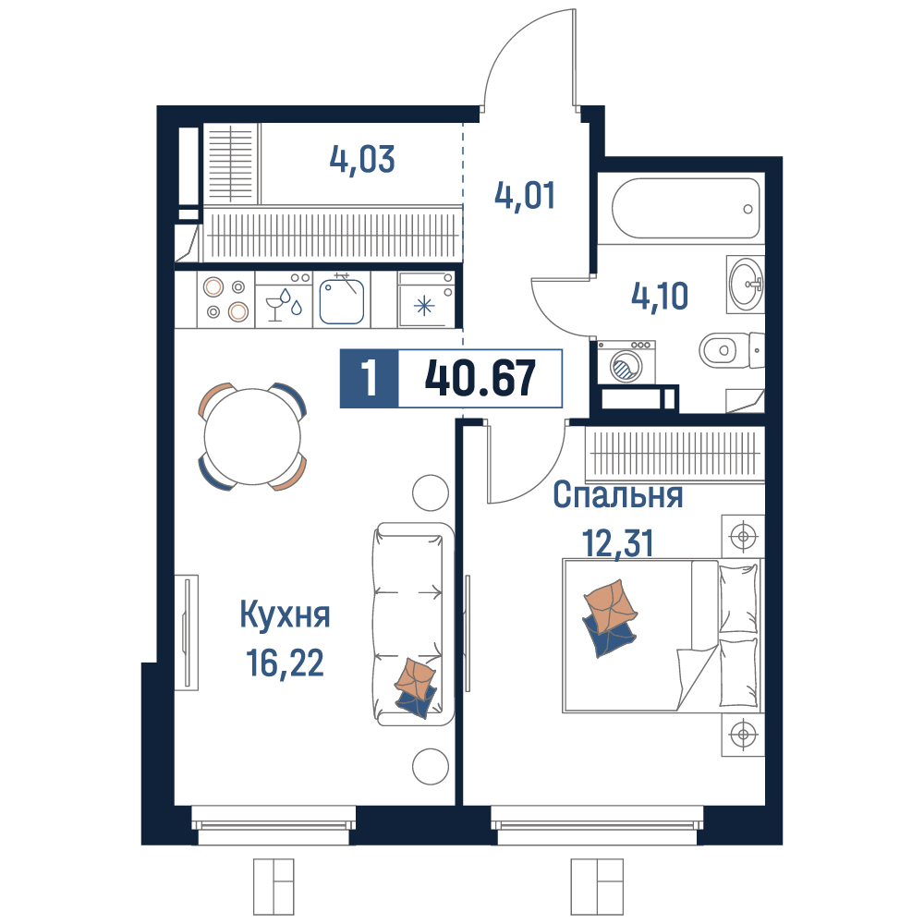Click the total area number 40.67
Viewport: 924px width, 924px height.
480,378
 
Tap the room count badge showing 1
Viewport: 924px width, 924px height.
370,378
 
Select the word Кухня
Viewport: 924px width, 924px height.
286,615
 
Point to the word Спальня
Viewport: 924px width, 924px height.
618,495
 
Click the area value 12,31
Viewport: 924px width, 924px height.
618,542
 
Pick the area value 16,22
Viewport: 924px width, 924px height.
286,663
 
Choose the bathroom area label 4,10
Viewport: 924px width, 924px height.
660,296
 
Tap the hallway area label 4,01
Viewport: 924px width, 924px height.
525,196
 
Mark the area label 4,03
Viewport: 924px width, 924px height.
362,160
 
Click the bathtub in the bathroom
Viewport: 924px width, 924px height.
686,208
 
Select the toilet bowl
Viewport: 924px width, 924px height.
732,350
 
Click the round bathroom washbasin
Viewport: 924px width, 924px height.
746,284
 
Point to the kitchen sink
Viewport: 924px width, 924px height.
342,300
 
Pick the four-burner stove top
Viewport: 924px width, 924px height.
225,299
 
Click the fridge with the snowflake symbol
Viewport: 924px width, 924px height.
425,299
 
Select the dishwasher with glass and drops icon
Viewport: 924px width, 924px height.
284,299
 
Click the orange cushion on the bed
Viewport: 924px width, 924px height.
610,606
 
